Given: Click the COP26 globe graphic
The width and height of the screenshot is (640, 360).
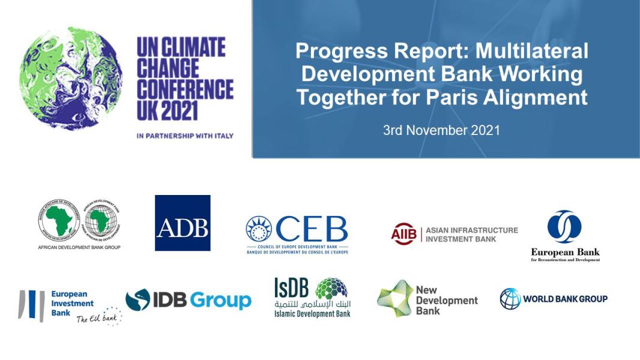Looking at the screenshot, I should [70, 79].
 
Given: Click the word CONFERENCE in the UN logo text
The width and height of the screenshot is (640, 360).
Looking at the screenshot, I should [185, 89].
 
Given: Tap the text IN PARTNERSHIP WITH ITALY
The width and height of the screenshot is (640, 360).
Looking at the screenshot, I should [185, 136].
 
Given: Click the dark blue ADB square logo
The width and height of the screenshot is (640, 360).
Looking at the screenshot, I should [183, 223].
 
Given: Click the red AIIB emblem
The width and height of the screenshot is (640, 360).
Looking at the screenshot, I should [403, 234].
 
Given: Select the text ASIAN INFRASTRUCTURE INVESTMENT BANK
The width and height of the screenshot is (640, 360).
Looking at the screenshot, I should [471, 234].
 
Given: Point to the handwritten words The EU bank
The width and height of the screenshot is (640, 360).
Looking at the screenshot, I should [96, 318].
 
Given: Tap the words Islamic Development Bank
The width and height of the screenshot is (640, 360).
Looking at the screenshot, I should [312, 313].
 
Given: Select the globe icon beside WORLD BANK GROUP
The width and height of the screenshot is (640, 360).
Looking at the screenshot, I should [510, 298].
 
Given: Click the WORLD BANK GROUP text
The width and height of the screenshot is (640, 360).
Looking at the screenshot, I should [565, 299].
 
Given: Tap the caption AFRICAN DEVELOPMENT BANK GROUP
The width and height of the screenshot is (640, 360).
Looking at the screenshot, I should [79, 247].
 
